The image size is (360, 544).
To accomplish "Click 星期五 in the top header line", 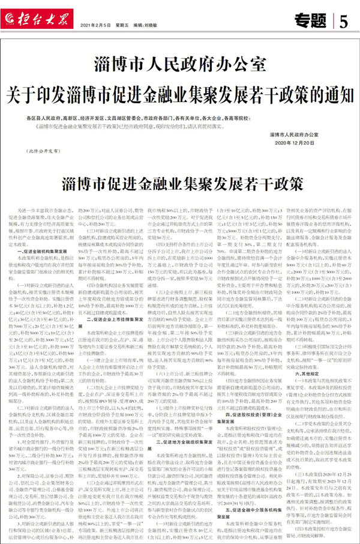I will (x=124, y=26).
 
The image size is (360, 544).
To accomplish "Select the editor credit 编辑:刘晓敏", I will (x=147, y=26).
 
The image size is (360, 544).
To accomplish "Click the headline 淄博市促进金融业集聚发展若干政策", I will (x=179, y=183).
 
